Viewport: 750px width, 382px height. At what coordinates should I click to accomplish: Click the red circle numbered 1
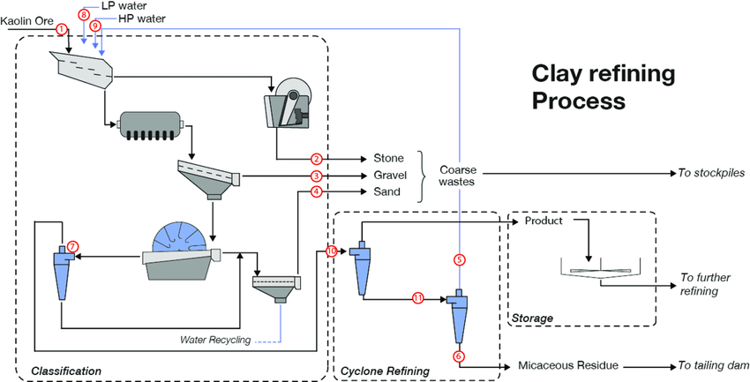[61, 29]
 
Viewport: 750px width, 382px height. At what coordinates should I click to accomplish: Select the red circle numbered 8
[84, 15]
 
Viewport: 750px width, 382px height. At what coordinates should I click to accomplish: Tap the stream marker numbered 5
[458, 259]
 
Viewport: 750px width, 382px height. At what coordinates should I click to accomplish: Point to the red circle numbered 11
[418, 299]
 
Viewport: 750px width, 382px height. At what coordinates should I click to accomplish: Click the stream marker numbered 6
[458, 356]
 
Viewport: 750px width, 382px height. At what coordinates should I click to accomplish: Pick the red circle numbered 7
[73, 245]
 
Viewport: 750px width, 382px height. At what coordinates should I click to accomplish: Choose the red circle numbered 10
[332, 251]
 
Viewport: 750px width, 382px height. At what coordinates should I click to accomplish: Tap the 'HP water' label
[139, 18]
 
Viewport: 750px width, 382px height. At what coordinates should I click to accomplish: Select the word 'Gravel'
[390, 176]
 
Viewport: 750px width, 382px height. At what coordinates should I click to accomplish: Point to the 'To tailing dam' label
[713, 363]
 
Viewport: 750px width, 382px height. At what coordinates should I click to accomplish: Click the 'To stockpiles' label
[711, 173]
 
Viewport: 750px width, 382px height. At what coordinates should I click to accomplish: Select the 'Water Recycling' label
[215, 339]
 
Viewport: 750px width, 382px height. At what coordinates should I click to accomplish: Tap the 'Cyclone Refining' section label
[386, 371]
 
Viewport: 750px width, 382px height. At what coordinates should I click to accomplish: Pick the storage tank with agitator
[599, 269]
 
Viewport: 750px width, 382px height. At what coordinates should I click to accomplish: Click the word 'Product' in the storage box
[544, 221]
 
